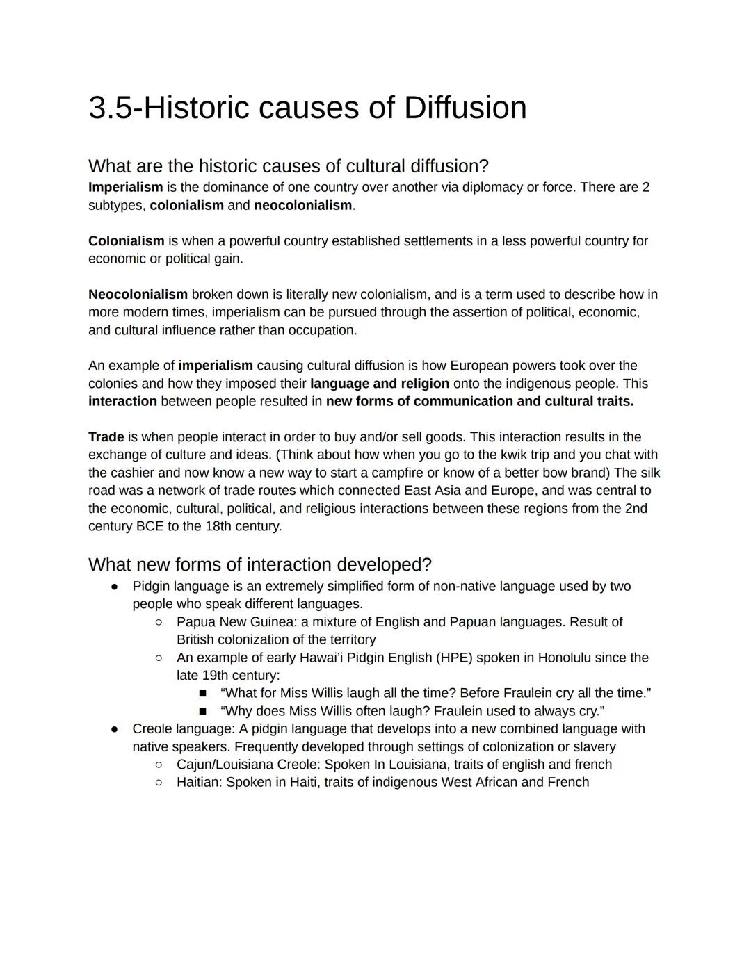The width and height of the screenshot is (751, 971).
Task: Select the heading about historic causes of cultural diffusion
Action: coord(288,166)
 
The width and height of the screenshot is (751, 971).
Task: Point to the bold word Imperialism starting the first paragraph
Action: coord(125,187)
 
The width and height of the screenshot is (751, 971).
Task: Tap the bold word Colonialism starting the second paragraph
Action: coord(126,241)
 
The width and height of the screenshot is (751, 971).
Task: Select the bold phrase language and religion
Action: coord(380,384)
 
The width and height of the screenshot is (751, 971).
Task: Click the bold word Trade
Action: coord(106,437)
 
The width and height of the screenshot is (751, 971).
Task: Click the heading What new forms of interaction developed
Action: coord(259,564)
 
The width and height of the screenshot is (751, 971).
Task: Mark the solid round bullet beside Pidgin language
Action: coord(115,587)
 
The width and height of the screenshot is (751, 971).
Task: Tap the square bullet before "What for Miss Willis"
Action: coord(203,694)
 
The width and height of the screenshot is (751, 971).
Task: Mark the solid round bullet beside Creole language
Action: coord(115,729)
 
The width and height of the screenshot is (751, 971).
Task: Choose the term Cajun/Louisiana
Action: coord(225,765)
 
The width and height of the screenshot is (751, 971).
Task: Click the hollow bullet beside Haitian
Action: coord(159,783)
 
